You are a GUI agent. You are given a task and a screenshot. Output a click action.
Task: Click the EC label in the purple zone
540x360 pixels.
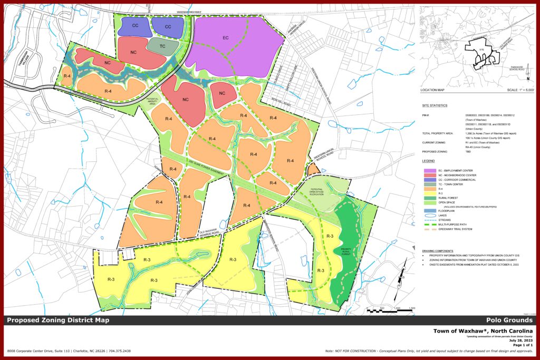[226, 37]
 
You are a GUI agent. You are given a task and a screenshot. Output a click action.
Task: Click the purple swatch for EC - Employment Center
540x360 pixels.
[429, 170]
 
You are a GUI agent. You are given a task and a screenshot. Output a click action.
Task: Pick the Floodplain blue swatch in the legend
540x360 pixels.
[429, 215]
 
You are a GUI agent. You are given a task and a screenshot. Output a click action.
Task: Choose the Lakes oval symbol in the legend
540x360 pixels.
[429, 220]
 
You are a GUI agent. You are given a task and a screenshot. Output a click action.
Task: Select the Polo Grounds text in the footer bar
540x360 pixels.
[510, 320]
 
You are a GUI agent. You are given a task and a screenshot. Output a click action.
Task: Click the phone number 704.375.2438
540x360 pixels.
[118, 351]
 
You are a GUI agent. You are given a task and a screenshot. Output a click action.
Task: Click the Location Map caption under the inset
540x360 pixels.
[435, 90]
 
